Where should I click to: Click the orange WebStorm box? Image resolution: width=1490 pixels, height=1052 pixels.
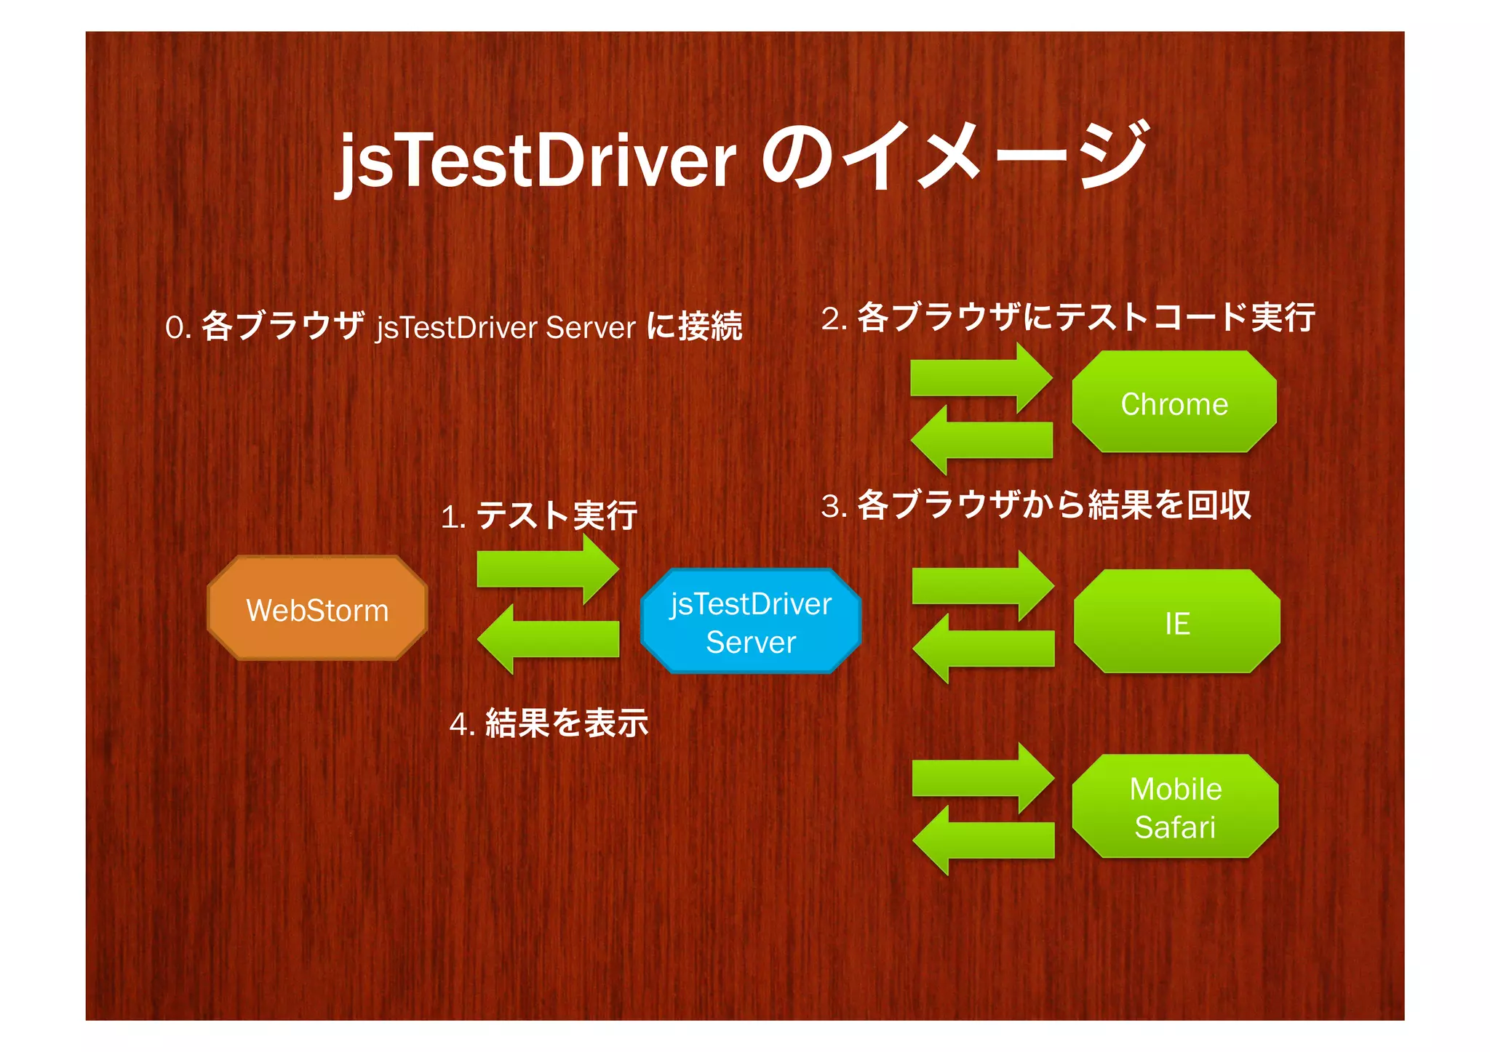pos(317,609)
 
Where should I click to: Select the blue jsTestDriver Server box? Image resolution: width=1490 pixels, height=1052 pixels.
pos(750,622)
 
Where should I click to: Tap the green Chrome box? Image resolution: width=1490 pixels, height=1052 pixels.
pos(1174,403)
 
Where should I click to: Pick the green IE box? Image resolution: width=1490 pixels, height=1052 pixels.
pos(1176,622)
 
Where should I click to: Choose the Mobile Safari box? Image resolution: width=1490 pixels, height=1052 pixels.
pos(1175,807)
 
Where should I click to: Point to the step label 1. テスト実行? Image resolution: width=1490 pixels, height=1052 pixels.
pos(539,515)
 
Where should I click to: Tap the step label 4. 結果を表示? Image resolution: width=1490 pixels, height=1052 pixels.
pos(549,723)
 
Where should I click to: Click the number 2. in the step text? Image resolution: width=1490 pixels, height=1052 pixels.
pos(834,318)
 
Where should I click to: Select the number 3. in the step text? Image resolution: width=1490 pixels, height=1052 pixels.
pos(834,506)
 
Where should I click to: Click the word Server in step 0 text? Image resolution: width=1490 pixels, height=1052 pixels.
pos(590,327)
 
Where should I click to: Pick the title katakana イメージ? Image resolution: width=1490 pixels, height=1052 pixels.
pos(1000,156)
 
